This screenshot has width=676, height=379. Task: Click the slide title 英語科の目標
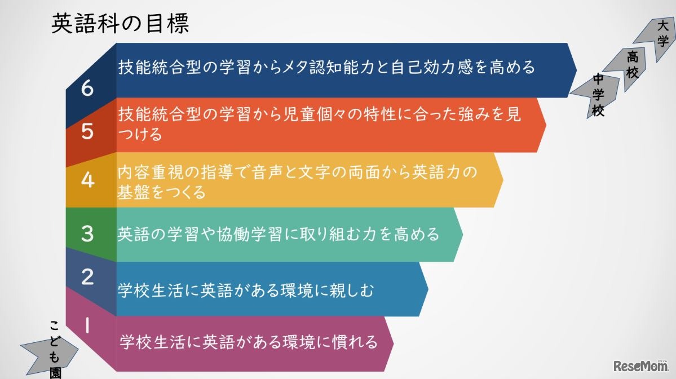(x=120, y=24)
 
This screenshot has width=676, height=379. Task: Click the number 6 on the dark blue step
(x=87, y=89)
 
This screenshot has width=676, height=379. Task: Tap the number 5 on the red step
(x=87, y=131)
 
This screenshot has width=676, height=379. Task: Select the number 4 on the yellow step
(x=87, y=180)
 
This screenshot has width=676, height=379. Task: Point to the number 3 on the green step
(x=87, y=233)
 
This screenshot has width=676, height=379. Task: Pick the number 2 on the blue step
(x=87, y=277)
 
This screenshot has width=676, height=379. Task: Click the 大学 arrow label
(x=662, y=33)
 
